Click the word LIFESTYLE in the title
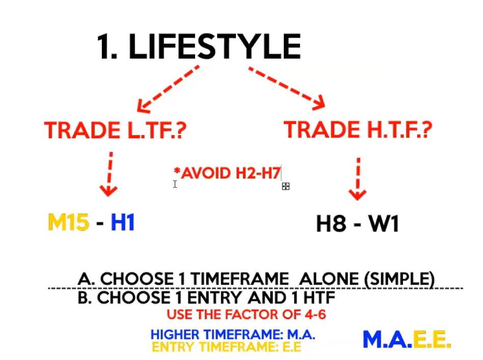pyautogui.click(x=214, y=46)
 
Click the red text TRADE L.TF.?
pyautogui.click(x=115, y=130)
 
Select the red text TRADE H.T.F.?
pyautogui.click(x=358, y=129)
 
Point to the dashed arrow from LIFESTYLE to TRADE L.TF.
pyautogui.click(x=168, y=89)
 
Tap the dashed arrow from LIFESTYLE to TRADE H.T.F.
pyautogui.click(x=287, y=88)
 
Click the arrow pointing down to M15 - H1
pyautogui.click(x=109, y=174)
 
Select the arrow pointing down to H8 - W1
pyautogui.click(x=358, y=179)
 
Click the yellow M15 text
pyautogui.click(x=69, y=222)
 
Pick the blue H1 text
pyautogui.click(x=123, y=222)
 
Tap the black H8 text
pyautogui.click(x=331, y=223)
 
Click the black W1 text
pyautogui.click(x=384, y=223)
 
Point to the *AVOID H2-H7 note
pyautogui.click(x=227, y=173)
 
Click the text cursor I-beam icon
pyautogui.click(x=175, y=184)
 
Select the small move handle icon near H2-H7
pyautogui.click(x=285, y=186)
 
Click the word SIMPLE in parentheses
pyautogui.click(x=399, y=279)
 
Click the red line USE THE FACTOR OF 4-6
pyautogui.click(x=246, y=315)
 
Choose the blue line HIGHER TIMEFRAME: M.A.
pyautogui.click(x=233, y=335)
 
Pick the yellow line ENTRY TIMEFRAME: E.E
pyautogui.click(x=226, y=347)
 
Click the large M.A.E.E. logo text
pyautogui.click(x=407, y=340)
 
